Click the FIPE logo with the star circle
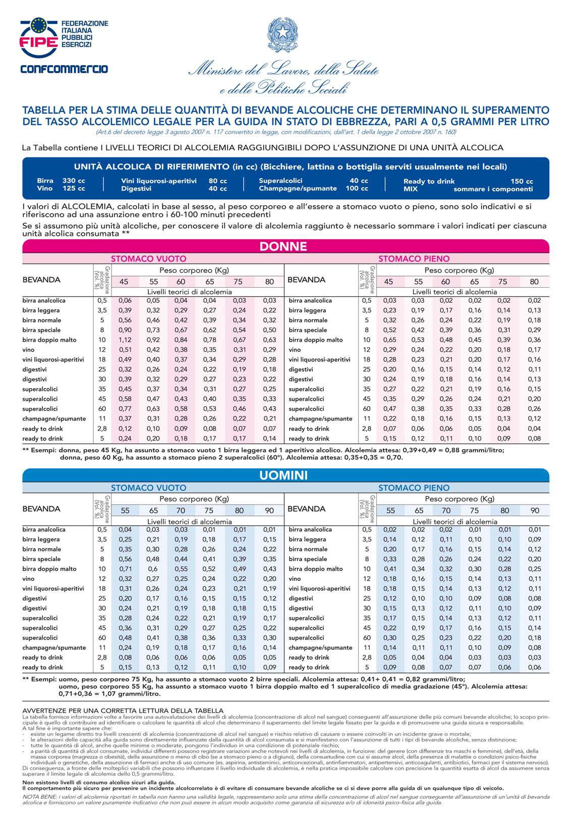pos(39,38)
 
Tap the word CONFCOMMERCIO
pos(65,69)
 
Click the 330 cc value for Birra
pos(74,181)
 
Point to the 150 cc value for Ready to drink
pos(522,181)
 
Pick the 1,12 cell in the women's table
pos(125,340)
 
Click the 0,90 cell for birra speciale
pos(125,330)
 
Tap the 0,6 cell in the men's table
pos(153,569)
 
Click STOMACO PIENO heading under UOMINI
pos(414,488)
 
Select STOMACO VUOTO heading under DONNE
pos(148,259)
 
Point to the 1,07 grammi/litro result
pos(109,693)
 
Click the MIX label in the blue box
pos(411,189)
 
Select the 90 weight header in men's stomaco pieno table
pos(534,511)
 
